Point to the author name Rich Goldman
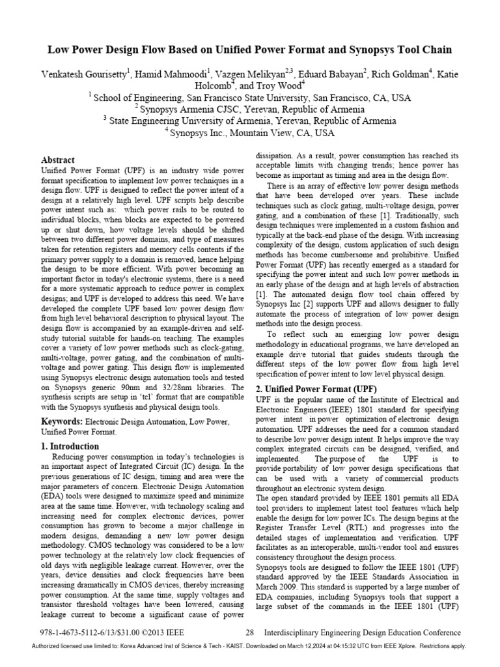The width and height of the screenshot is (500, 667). [413, 73]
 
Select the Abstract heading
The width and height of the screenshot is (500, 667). [58, 160]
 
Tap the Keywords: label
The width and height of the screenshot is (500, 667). [62, 421]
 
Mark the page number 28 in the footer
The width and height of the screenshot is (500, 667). [249, 632]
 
